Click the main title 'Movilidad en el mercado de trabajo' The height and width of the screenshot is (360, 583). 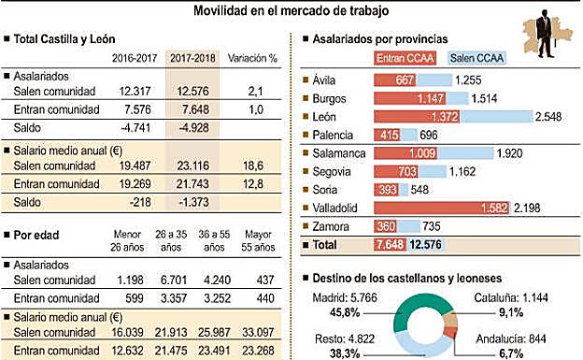[291, 10]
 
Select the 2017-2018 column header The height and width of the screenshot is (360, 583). [192, 57]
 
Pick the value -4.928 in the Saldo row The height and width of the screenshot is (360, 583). [192, 128]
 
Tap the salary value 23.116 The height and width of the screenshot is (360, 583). [192, 164]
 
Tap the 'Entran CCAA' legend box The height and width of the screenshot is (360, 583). [406, 58]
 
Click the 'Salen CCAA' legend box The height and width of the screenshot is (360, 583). [477, 58]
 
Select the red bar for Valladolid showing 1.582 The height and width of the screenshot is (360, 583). [440, 206]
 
